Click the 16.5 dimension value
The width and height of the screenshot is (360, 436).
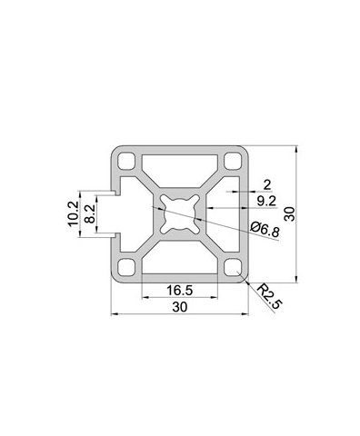tap(180, 291)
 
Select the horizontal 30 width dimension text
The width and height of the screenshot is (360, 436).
tap(180, 307)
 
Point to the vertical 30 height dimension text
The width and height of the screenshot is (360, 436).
tap(290, 214)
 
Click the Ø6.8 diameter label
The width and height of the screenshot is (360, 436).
tap(265, 229)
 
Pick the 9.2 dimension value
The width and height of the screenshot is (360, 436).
tap(266, 201)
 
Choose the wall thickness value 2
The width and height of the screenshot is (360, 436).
tap(267, 184)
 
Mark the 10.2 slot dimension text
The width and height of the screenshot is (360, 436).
tap(73, 213)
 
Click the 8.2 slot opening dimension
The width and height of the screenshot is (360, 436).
tap(90, 213)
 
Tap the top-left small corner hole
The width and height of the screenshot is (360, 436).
tap(126, 161)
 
